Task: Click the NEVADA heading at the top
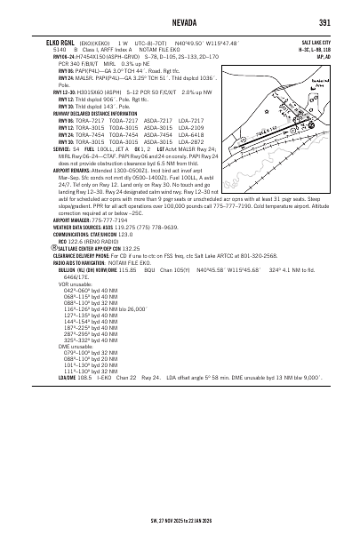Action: pos(179,22)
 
